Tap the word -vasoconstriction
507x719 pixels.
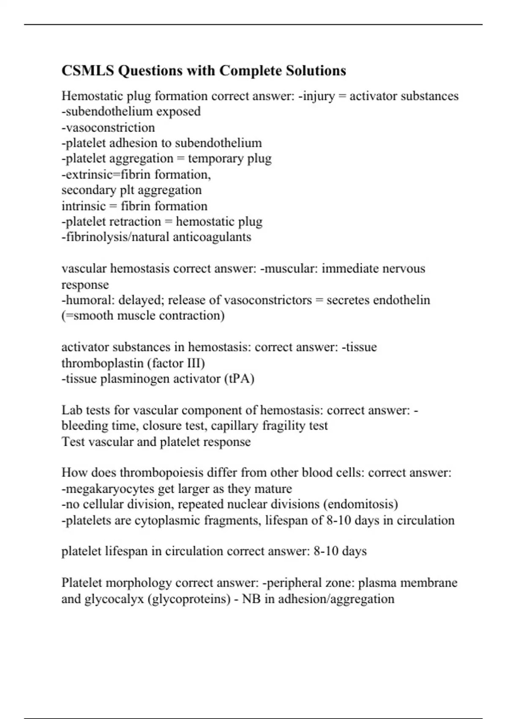(108, 127)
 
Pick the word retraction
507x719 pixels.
(137, 222)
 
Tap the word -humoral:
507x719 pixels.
(88, 300)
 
